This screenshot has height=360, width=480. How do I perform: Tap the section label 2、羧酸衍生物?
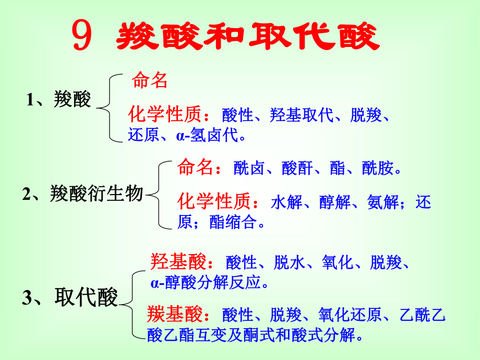click(82, 194)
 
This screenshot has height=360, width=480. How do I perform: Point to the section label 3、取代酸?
click(70, 297)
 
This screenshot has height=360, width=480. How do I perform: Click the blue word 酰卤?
click(249, 169)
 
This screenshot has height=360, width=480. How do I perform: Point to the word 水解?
click(286, 202)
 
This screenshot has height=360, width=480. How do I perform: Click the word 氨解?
click(383, 202)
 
